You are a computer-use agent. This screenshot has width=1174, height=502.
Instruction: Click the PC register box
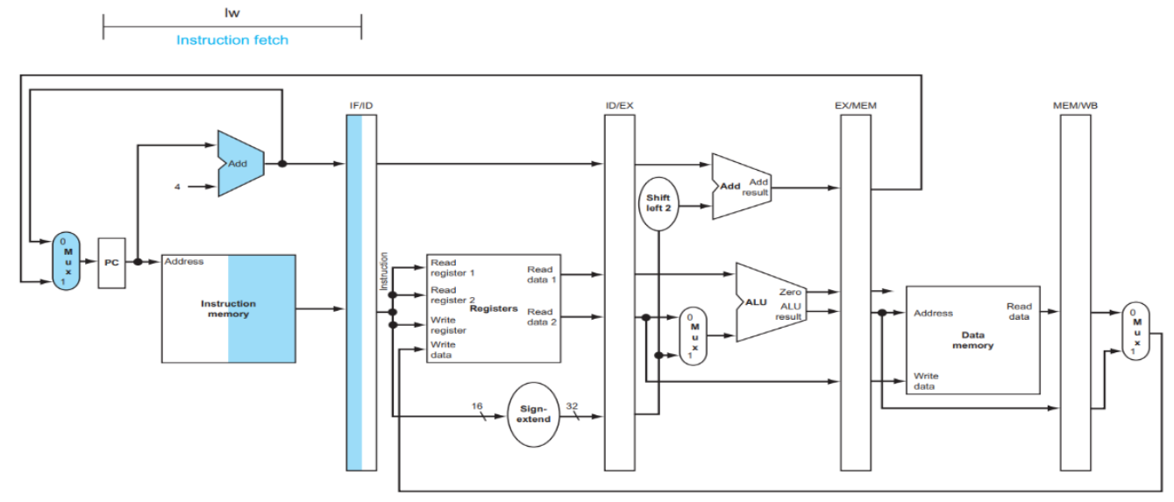click(111, 263)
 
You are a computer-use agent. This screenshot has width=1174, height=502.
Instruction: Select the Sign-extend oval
click(534, 414)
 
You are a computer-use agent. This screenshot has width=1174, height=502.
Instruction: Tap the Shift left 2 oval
click(658, 203)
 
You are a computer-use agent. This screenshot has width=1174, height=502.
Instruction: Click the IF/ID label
click(361, 105)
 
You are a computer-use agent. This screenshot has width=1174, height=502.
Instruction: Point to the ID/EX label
click(620, 105)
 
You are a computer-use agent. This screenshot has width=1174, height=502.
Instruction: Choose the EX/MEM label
click(856, 105)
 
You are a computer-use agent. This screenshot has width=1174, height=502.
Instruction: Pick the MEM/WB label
click(1075, 105)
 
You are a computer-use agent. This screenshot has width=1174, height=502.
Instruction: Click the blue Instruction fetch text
click(232, 39)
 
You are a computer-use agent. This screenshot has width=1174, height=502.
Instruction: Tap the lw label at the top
click(232, 12)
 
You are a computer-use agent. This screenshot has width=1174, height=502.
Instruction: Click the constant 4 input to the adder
click(177, 187)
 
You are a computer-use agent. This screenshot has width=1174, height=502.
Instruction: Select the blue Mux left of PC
click(66, 261)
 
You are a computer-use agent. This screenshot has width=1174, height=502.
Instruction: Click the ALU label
click(756, 302)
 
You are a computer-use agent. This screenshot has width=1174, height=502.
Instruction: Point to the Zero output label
click(790, 292)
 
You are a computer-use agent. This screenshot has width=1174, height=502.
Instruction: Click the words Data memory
click(972, 340)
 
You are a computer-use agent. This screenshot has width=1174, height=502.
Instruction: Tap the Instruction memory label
click(228, 308)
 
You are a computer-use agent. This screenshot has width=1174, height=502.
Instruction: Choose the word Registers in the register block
click(493, 308)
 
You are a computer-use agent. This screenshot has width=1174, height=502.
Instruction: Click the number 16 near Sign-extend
click(476, 406)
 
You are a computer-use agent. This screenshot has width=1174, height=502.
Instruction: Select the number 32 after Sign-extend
click(572, 406)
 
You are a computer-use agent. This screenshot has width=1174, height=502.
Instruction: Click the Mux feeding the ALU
click(693, 336)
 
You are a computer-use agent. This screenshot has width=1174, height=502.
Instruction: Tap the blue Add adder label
click(238, 163)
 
